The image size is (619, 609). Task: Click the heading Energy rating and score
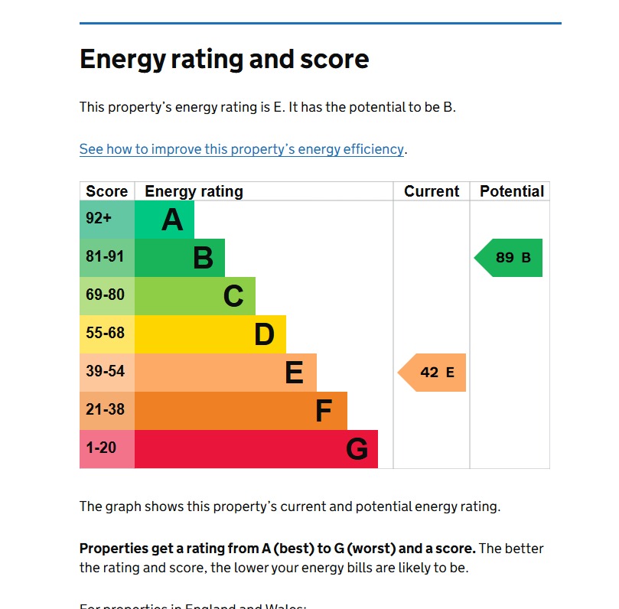(x=224, y=60)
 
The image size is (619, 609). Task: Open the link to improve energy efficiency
(x=241, y=149)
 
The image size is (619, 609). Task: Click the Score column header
(x=107, y=191)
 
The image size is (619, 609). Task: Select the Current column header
(x=432, y=191)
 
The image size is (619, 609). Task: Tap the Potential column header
(x=511, y=191)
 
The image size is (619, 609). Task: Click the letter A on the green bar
(x=173, y=220)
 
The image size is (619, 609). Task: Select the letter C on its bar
(x=233, y=297)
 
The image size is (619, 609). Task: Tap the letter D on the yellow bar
(x=264, y=335)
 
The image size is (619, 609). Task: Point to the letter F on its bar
(x=324, y=412)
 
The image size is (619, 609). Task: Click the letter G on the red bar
(x=357, y=450)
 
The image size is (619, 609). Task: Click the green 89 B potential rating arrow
(x=510, y=258)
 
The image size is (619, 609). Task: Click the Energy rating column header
(x=194, y=191)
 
